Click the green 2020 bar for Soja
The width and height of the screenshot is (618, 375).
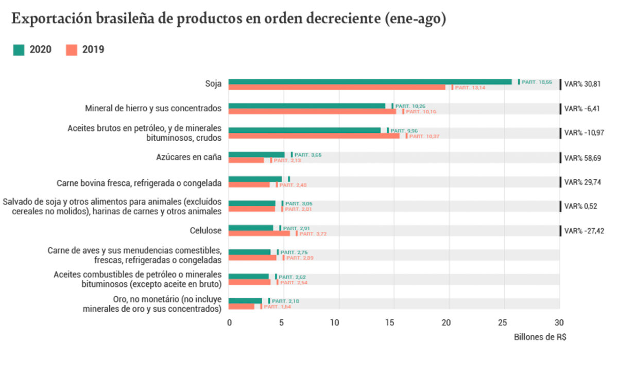pyautogui.click(x=370, y=81)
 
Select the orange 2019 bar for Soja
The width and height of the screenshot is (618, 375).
pyautogui.click(x=337, y=88)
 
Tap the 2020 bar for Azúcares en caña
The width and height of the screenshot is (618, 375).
pyautogui.click(x=256, y=155)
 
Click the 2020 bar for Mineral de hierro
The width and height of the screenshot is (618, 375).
pyautogui.click(x=307, y=106)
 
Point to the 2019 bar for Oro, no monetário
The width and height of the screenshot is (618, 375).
pyautogui.click(x=242, y=306)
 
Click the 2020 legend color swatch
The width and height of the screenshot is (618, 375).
pyautogui.click(x=19, y=49)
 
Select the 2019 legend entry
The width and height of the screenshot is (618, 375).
pyautogui.click(x=85, y=49)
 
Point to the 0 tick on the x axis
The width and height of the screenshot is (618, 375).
pyautogui.click(x=229, y=323)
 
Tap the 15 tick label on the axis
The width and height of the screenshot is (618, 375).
pyautogui.click(x=394, y=323)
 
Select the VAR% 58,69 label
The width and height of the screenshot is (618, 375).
pyautogui.click(x=582, y=158)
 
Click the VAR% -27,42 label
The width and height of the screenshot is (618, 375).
pyautogui.click(x=584, y=231)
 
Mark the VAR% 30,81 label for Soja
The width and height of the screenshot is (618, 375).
pyautogui.click(x=582, y=84)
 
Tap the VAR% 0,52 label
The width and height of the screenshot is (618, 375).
pyautogui.click(x=580, y=206)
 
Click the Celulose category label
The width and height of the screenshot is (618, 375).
pyautogui.click(x=206, y=231)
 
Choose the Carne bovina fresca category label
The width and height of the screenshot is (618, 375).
pyautogui.click(x=139, y=182)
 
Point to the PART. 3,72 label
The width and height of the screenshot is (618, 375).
pyautogui.click(x=313, y=234)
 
